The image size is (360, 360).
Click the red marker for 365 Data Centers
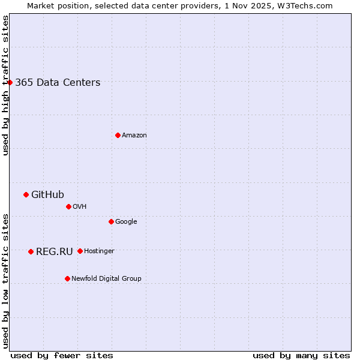(x=10, y=82)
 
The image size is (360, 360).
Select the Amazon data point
(x=118, y=135)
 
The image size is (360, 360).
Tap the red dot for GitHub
(x=26, y=194)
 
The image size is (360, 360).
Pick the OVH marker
(x=68, y=206)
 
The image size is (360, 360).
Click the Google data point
(x=111, y=221)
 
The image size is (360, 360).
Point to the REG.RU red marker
(x=31, y=251)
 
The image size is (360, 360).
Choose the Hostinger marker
(x=80, y=251)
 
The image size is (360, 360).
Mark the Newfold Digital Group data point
(x=67, y=278)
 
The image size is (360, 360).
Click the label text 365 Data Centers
(x=58, y=83)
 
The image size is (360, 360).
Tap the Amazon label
(x=134, y=136)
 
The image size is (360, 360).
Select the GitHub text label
(x=47, y=194)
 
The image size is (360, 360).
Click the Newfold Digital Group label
(x=106, y=278)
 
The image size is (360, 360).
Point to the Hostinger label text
(x=99, y=251)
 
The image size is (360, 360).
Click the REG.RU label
(x=54, y=251)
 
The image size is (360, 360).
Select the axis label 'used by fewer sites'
(x=62, y=355)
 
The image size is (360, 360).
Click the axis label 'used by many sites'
(x=301, y=355)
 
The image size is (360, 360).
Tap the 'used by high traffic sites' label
(x=5, y=85)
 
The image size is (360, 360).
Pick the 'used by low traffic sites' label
(x=5, y=280)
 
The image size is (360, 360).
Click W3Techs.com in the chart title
(x=308, y=5)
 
